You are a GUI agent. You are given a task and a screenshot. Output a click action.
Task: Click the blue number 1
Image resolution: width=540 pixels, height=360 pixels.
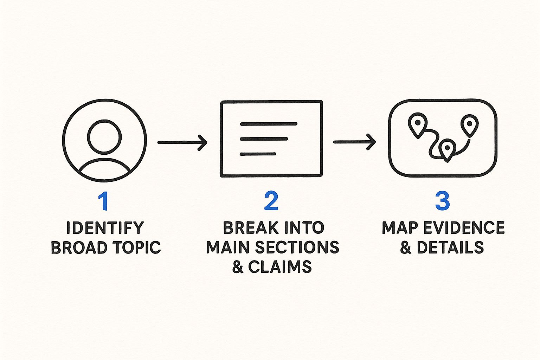103,201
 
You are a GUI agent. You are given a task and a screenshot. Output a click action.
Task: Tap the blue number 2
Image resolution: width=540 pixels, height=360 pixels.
271,201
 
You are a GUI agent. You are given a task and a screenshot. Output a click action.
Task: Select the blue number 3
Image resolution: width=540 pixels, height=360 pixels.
442,201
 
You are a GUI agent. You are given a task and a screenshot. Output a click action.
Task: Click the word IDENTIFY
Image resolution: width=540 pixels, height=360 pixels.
105,228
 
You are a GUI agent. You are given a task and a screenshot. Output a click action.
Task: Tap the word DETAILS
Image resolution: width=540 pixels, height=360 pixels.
450,248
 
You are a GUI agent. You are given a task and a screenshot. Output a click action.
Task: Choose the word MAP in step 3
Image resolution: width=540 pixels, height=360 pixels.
399,228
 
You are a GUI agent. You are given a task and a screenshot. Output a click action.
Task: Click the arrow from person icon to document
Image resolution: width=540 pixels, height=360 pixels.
182,142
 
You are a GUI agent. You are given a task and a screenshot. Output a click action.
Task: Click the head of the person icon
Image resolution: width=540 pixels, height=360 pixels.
104,137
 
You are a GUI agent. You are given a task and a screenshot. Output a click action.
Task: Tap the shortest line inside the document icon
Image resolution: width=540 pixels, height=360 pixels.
258,154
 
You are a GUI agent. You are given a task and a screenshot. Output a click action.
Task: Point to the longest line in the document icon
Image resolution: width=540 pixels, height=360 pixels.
268,124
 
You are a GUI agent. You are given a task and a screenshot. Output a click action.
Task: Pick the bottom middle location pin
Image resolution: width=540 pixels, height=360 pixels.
447,149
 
